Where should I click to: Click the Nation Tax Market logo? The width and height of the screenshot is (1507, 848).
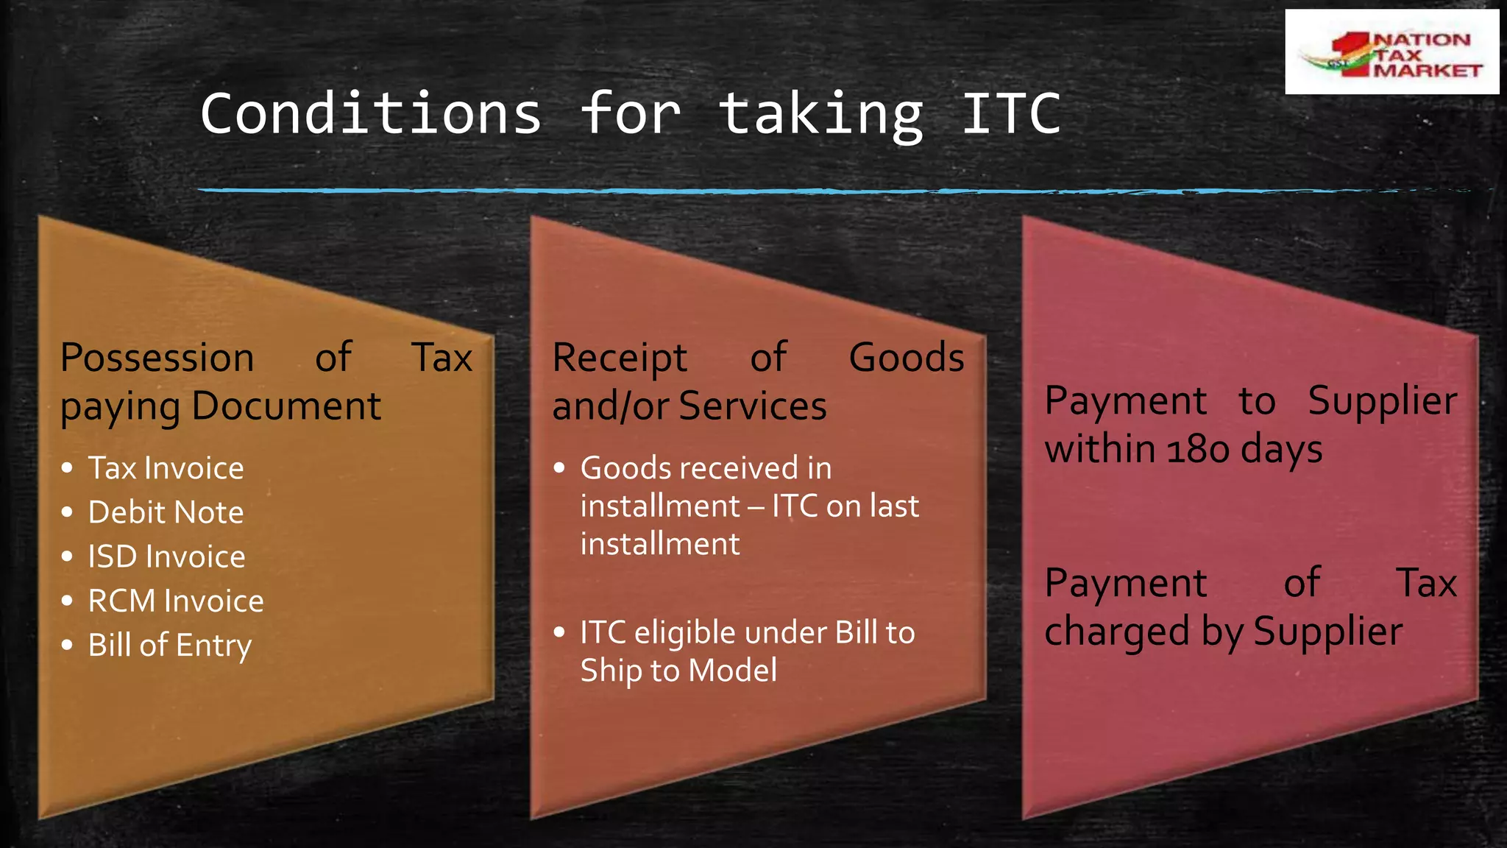click(x=1391, y=52)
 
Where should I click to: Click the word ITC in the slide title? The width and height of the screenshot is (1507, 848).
click(x=1011, y=114)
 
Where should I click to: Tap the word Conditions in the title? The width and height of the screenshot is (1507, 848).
click(x=371, y=114)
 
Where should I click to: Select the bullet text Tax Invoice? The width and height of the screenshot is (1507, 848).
click(x=166, y=468)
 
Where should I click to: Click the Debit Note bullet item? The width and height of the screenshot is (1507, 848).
click(x=166, y=512)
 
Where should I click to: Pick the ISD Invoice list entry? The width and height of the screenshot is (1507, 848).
click(x=166, y=556)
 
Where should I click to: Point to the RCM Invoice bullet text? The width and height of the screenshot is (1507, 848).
click(x=176, y=601)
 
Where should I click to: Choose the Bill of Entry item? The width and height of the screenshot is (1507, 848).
click(x=170, y=646)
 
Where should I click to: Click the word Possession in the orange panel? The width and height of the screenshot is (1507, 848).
click(x=157, y=358)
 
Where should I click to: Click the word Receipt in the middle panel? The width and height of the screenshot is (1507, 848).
click(x=620, y=358)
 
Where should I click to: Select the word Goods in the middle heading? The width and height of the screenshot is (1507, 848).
click(x=907, y=358)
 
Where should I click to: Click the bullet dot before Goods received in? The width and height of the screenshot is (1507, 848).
click(x=559, y=468)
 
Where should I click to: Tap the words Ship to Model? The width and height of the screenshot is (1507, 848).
click(x=678, y=671)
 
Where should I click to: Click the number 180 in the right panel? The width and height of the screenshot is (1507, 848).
click(x=1198, y=449)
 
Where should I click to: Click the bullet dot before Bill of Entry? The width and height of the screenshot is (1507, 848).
click(x=68, y=646)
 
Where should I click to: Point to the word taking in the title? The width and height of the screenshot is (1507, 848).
click(x=820, y=116)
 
